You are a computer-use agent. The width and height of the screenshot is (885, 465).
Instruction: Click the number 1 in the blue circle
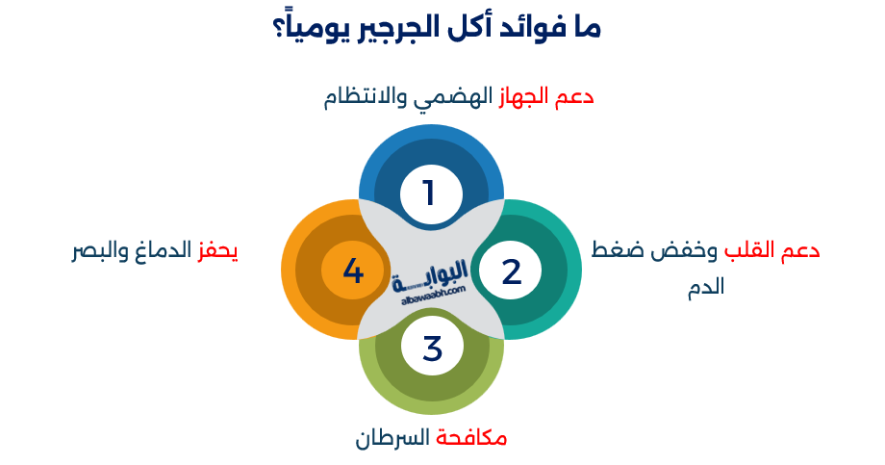tap(429, 194)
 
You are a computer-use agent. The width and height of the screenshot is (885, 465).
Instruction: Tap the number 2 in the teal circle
tap(511, 272)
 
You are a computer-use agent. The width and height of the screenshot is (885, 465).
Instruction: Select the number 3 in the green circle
tap(432, 348)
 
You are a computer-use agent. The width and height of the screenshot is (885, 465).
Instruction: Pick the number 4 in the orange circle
tap(353, 272)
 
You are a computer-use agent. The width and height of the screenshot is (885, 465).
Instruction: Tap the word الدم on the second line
tap(705, 286)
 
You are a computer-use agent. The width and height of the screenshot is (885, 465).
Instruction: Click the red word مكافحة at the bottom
tap(471, 439)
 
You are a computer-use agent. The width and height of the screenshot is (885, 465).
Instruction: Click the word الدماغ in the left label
tap(159, 252)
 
